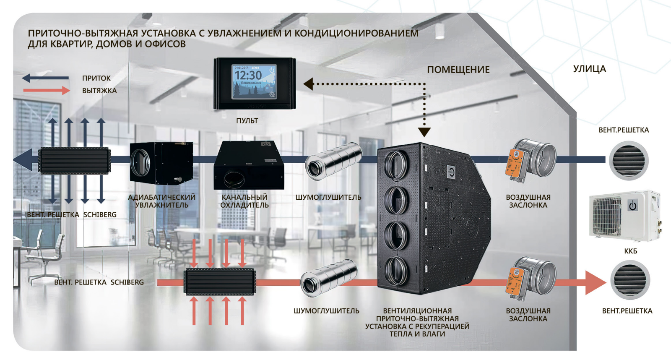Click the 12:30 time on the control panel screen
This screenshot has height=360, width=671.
click(248, 76)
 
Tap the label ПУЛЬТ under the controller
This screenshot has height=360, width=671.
click(247, 121)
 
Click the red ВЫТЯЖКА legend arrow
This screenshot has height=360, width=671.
click(47, 90)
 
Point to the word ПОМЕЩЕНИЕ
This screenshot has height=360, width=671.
click(458, 70)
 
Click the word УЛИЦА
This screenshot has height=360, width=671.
click(589, 69)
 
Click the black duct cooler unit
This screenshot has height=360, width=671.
click(249, 165)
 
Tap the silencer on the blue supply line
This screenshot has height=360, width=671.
click(333, 161)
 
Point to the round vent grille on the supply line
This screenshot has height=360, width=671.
click(629, 161)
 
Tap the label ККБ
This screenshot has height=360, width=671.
click(630, 251)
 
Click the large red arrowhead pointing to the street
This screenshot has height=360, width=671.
click(594, 282)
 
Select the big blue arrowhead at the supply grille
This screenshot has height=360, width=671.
click(23, 159)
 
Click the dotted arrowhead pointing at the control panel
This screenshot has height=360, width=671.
click(309, 84)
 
